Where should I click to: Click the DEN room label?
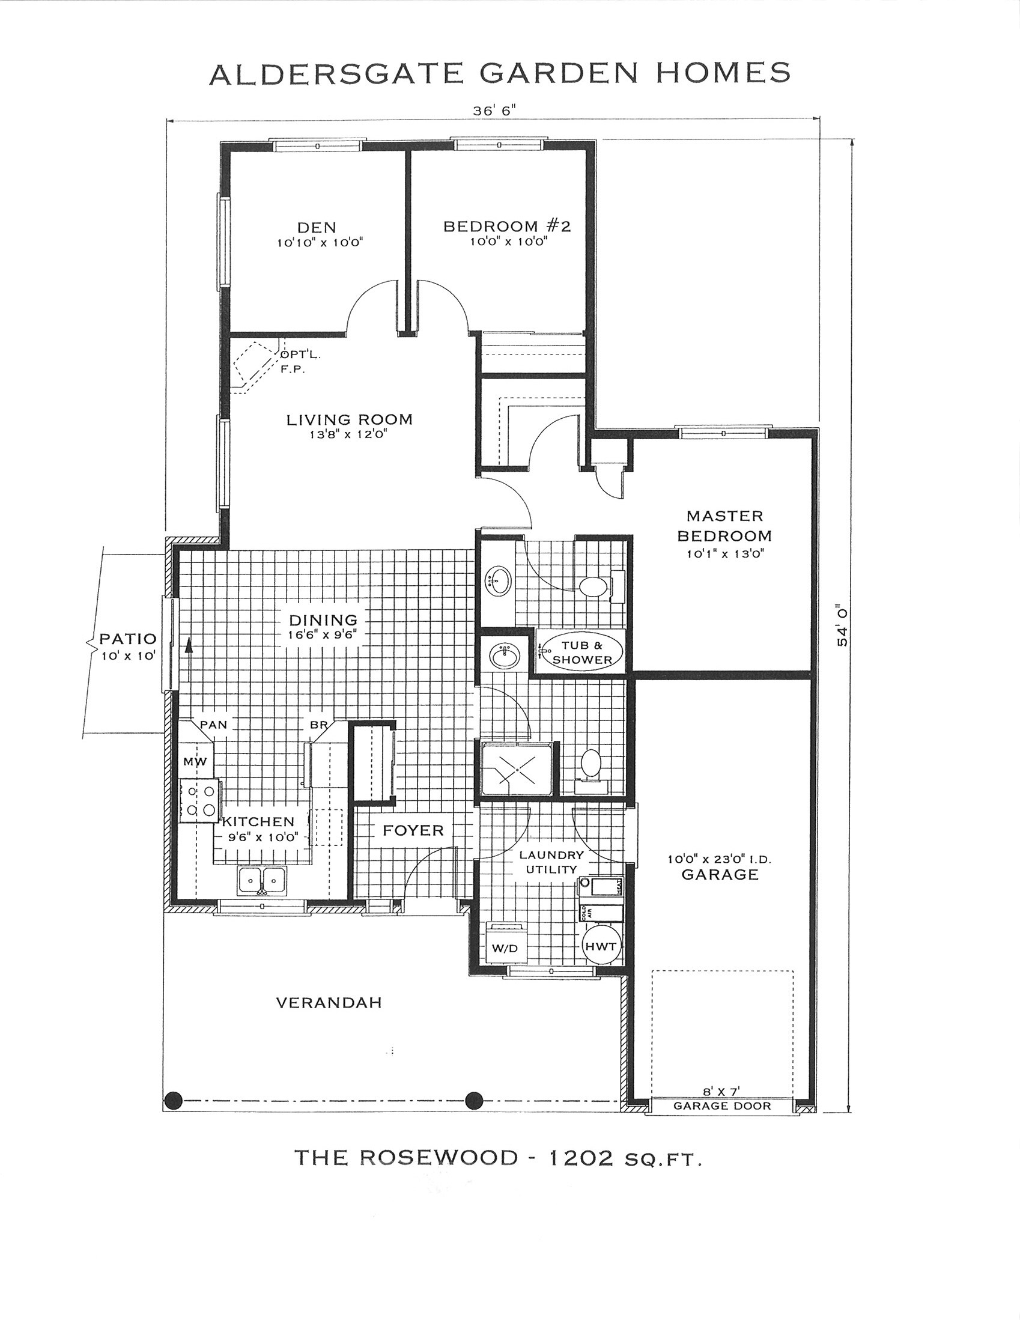pos(317,227)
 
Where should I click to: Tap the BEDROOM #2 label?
pos(507,226)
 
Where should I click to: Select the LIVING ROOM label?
pos(349,419)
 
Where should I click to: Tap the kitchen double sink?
pos(263,880)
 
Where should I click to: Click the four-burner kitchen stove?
pos(199,801)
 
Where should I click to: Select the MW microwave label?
pos(195,762)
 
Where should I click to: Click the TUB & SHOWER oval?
pos(582,652)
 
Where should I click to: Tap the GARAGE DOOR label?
pos(722,1106)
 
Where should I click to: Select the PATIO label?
pos(128,638)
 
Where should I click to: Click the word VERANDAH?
pos(329,1003)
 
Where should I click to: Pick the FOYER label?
pos(413,830)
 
